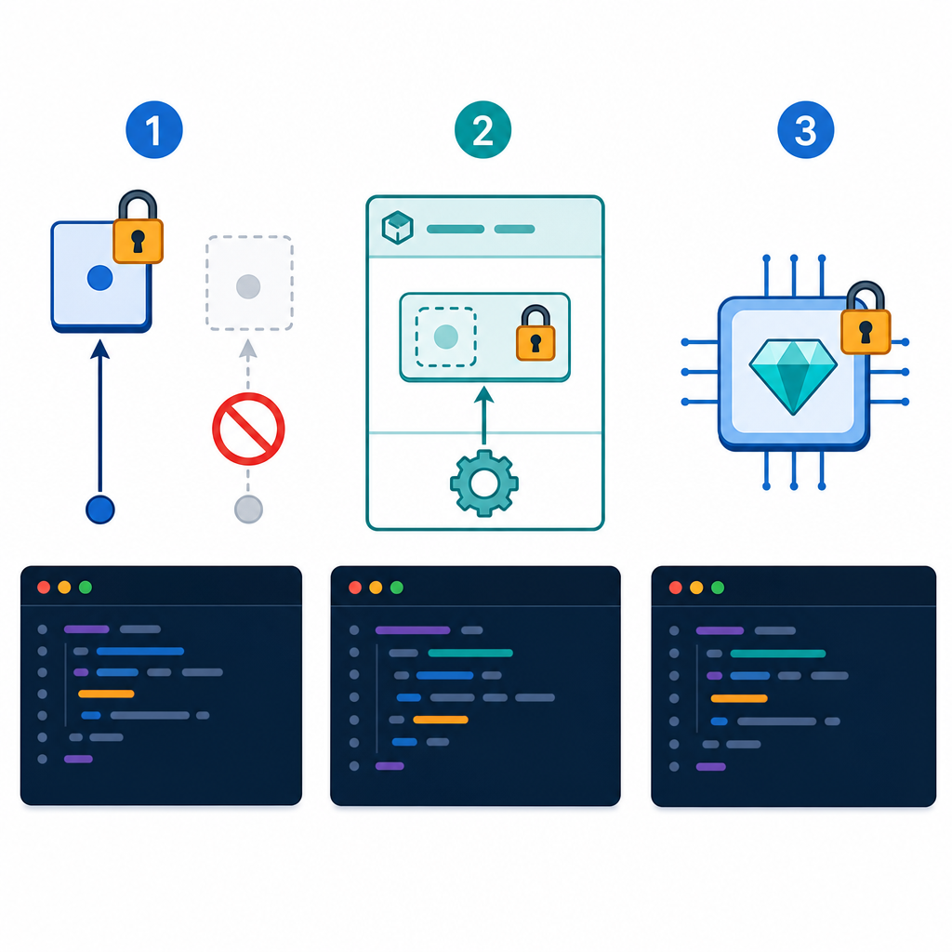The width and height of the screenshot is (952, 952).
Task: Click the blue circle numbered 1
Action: pos(154,129)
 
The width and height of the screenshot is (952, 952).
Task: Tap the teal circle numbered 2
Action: pos(483,129)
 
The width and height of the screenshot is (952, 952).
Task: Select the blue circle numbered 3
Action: pos(806,129)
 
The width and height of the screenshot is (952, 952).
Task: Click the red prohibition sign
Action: pos(248,429)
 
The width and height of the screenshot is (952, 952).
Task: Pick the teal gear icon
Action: pos(483,483)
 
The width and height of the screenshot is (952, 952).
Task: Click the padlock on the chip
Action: pos(866,318)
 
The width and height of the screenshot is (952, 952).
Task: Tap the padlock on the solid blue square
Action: pos(138,227)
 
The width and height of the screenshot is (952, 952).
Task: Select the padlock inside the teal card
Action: pos(535,333)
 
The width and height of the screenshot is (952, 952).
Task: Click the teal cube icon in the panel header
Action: pos(398,228)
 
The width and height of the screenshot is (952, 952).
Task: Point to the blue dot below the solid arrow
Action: pos(100,509)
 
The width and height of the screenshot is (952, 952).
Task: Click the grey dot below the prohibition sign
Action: pos(248,509)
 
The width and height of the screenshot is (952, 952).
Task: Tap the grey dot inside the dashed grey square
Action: pos(248,286)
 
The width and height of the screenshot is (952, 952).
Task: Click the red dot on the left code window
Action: pos(44,588)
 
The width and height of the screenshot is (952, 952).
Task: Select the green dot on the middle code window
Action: pos(396,588)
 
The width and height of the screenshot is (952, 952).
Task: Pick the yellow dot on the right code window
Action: pos(696,588)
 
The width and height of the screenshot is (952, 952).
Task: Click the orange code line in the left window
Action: pos(106,694)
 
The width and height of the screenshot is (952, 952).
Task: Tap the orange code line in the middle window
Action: pos(440,720)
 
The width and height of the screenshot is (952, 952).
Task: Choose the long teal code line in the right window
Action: pos(778,654)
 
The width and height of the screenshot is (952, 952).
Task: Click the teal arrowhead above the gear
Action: pos(483,395)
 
